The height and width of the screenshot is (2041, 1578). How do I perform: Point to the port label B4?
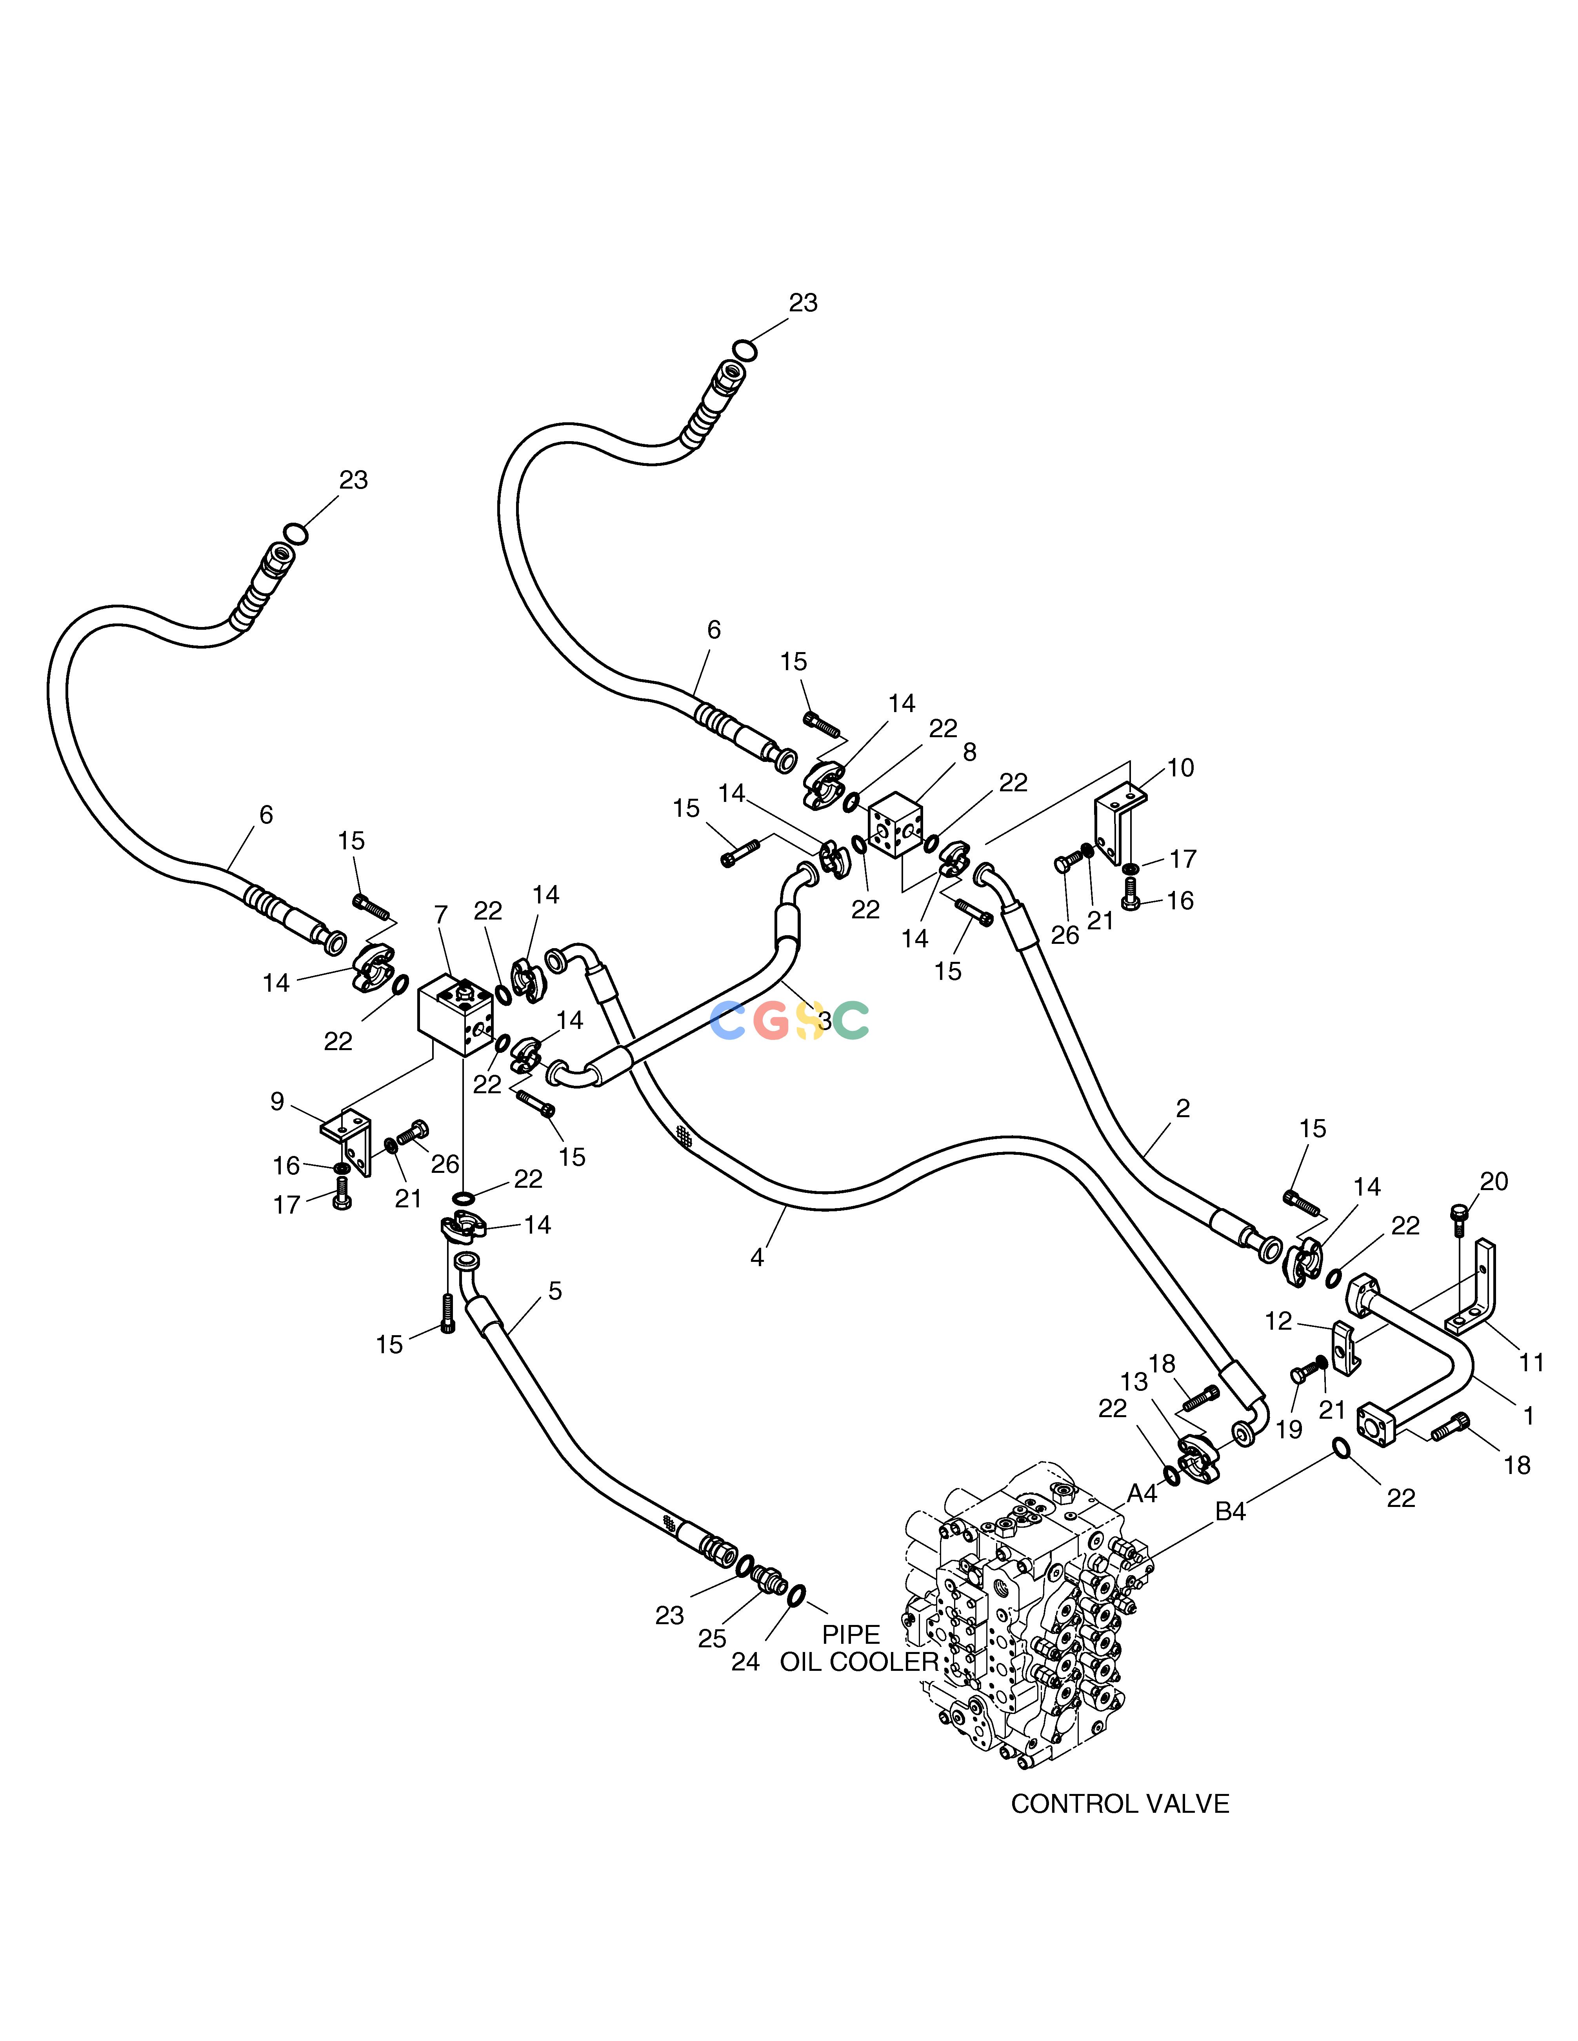pos(1230,1537)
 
